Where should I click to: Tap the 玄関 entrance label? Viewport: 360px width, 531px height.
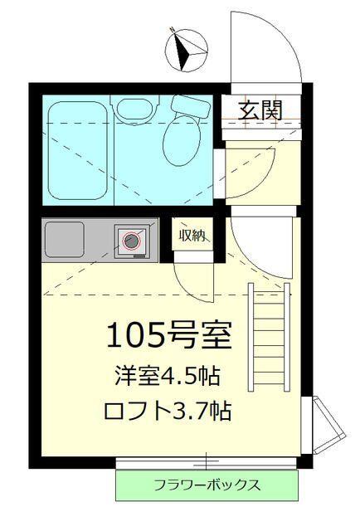(x=259, y=109)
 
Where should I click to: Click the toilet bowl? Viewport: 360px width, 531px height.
(x=182, y=142)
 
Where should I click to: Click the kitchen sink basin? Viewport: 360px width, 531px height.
(x=77, y=238)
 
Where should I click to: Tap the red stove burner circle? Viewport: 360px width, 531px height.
(x=132, y=241)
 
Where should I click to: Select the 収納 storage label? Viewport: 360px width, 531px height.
(x=192, y=236)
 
